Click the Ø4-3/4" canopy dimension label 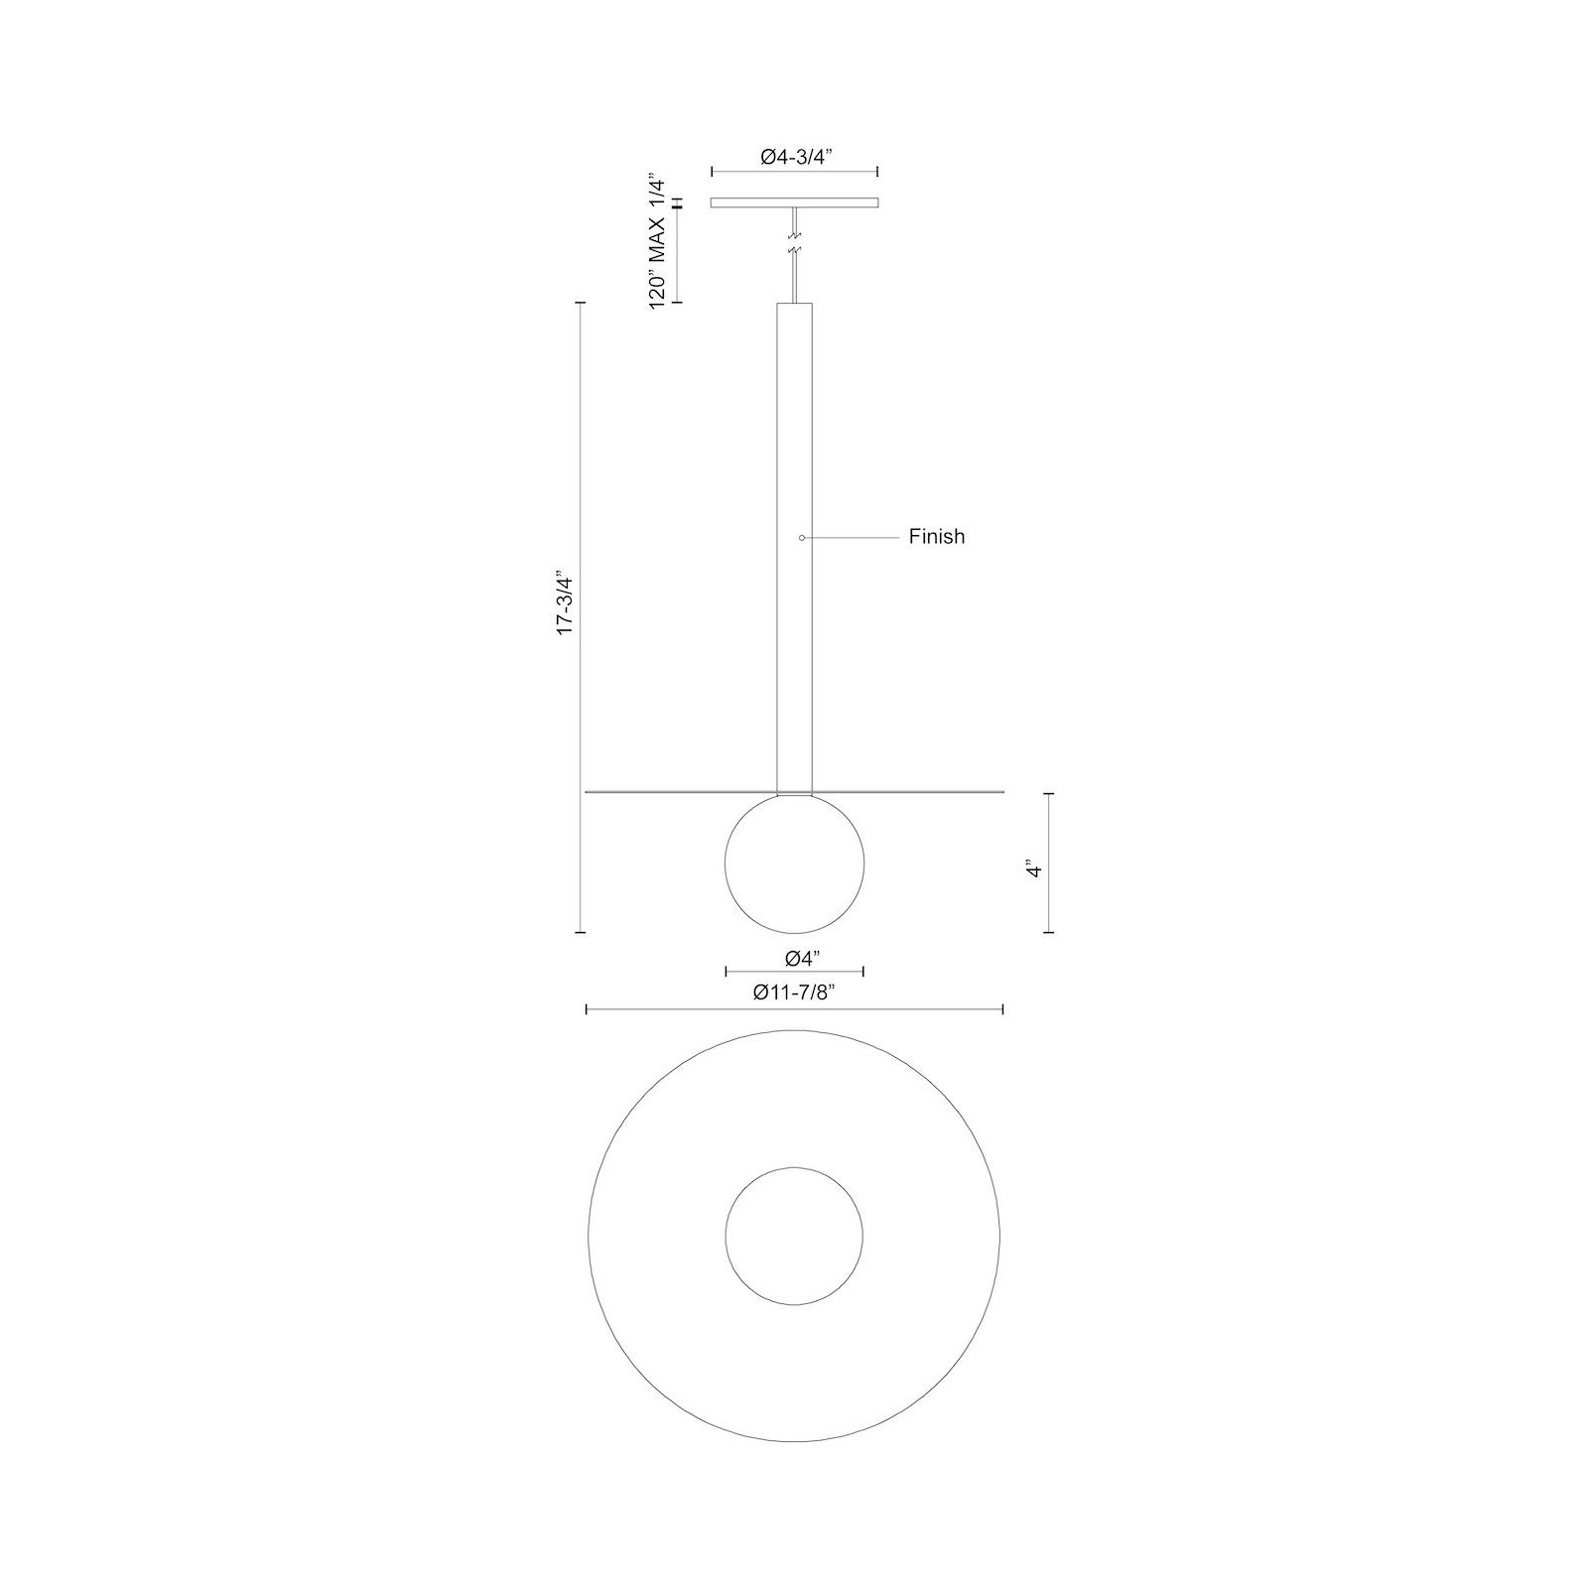click(794, 156)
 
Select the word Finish click(937, 537)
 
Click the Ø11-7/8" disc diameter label click(794, 992)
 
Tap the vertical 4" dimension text click(1035, 870)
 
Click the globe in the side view click(794, 863)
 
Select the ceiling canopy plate click(794, 203)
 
